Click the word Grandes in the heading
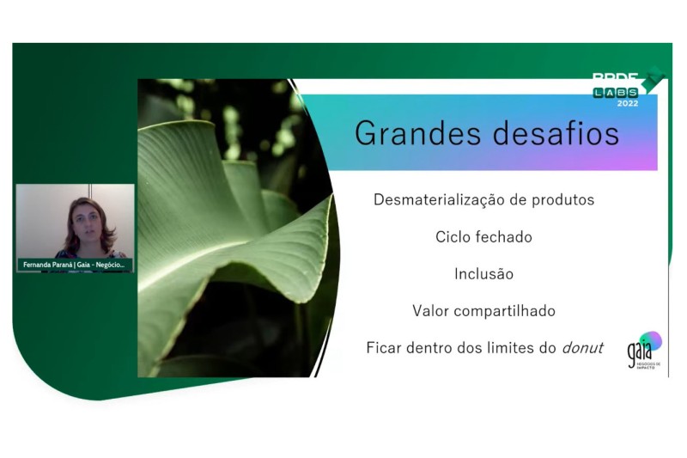(407, 134)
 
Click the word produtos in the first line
(563, 200)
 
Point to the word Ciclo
(454, 237)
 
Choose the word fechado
(505, 237)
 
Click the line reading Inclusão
(483, 274)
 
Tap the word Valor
(432, 311)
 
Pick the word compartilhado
(506, 311)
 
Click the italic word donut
(581, 348)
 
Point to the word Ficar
(385, 348)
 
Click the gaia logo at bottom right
(643, 349)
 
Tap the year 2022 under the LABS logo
(628, 103)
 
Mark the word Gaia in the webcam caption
(84, 265)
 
